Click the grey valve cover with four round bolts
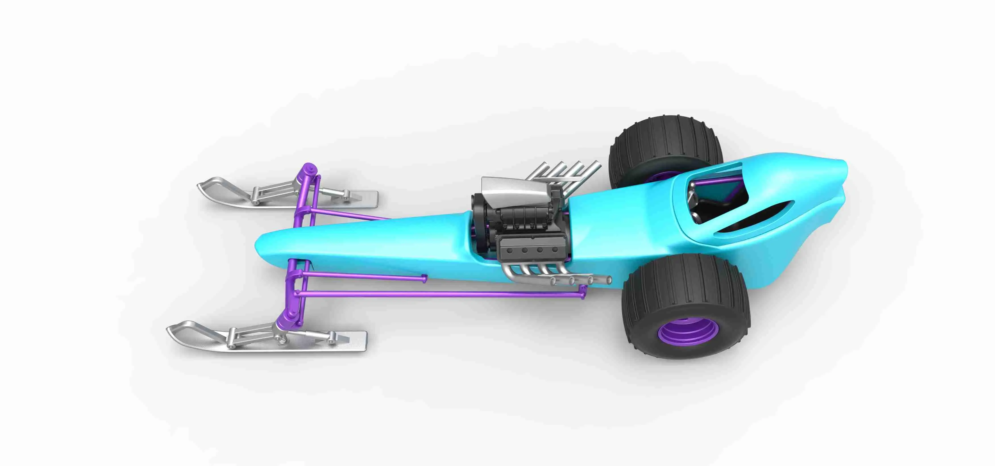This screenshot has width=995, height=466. [x=531, y=250]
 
